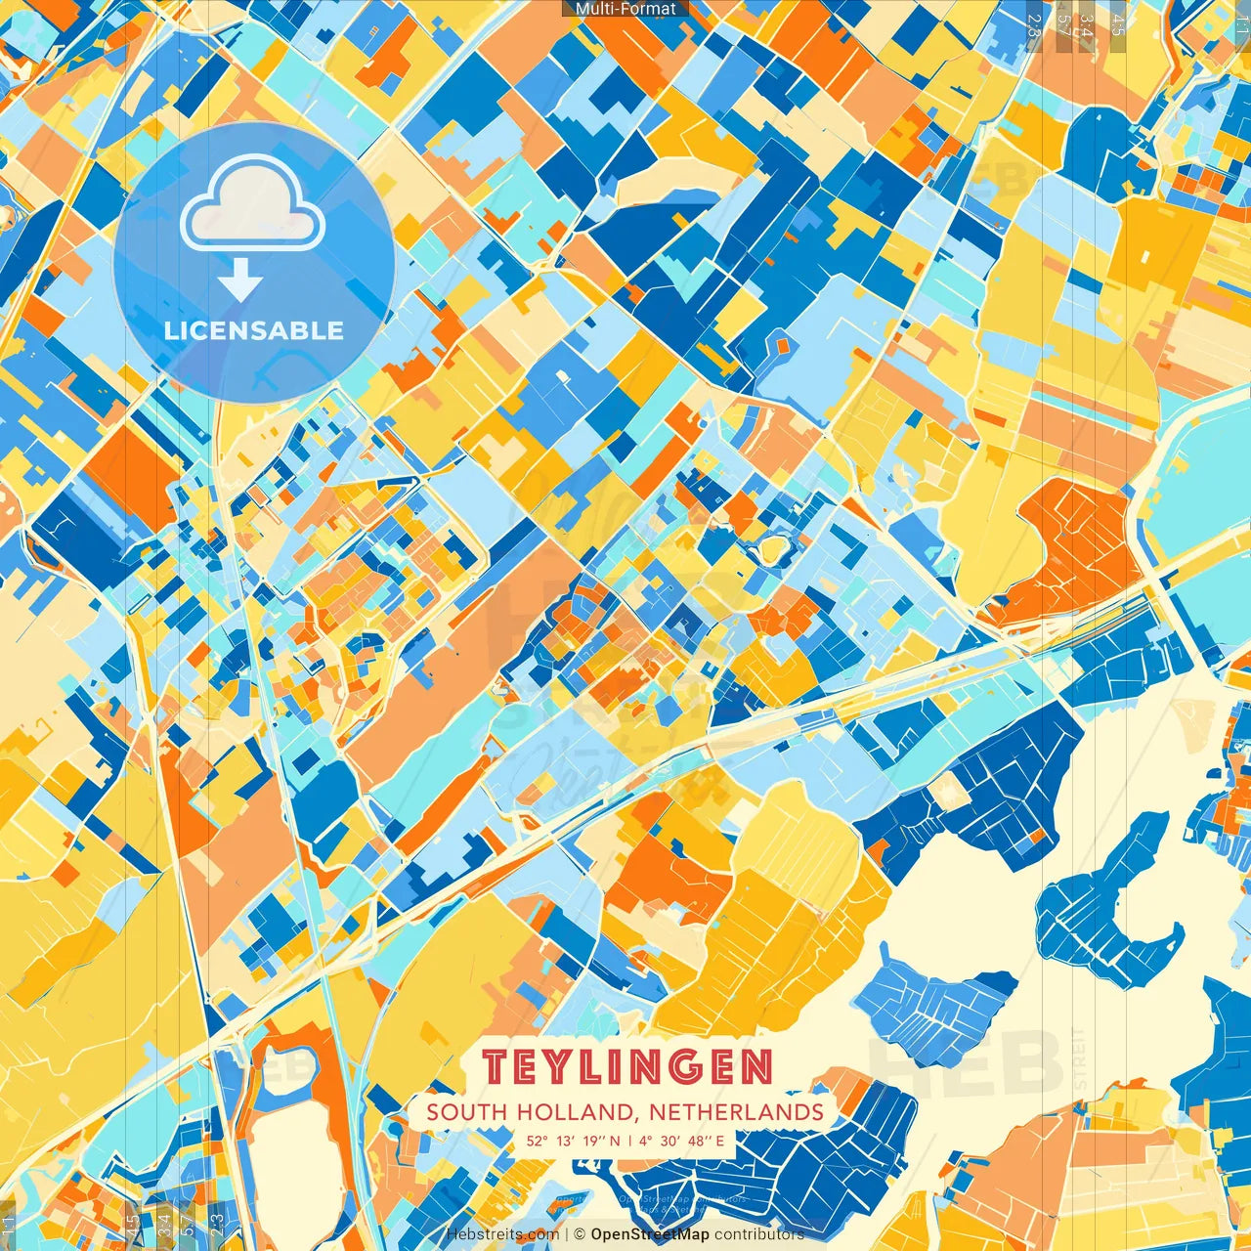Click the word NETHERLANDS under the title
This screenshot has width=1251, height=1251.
[736, 1112]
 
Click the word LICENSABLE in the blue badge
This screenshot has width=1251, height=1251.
[253, 330]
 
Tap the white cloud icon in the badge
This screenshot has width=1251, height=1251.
[252, 206]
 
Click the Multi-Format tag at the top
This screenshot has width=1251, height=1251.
[625, 9]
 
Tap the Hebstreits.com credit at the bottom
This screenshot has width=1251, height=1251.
[502, 1234]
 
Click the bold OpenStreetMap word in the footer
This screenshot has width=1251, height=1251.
[649, 1234]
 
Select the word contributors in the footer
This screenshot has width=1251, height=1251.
[758, 1234]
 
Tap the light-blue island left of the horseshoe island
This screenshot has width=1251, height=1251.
[933, 1002]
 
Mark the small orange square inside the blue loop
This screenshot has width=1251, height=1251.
[781, 345]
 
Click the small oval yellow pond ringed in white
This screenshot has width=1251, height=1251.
[773, 548]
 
